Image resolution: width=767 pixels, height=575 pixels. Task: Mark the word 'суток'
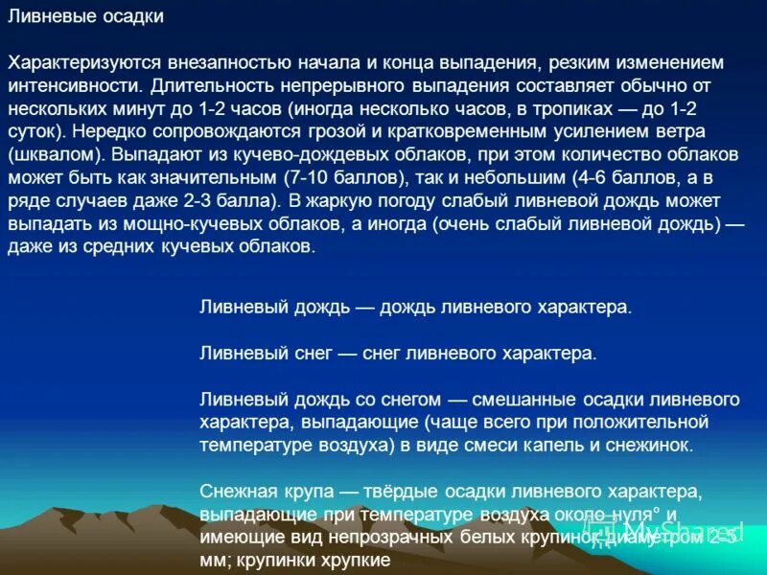32,130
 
